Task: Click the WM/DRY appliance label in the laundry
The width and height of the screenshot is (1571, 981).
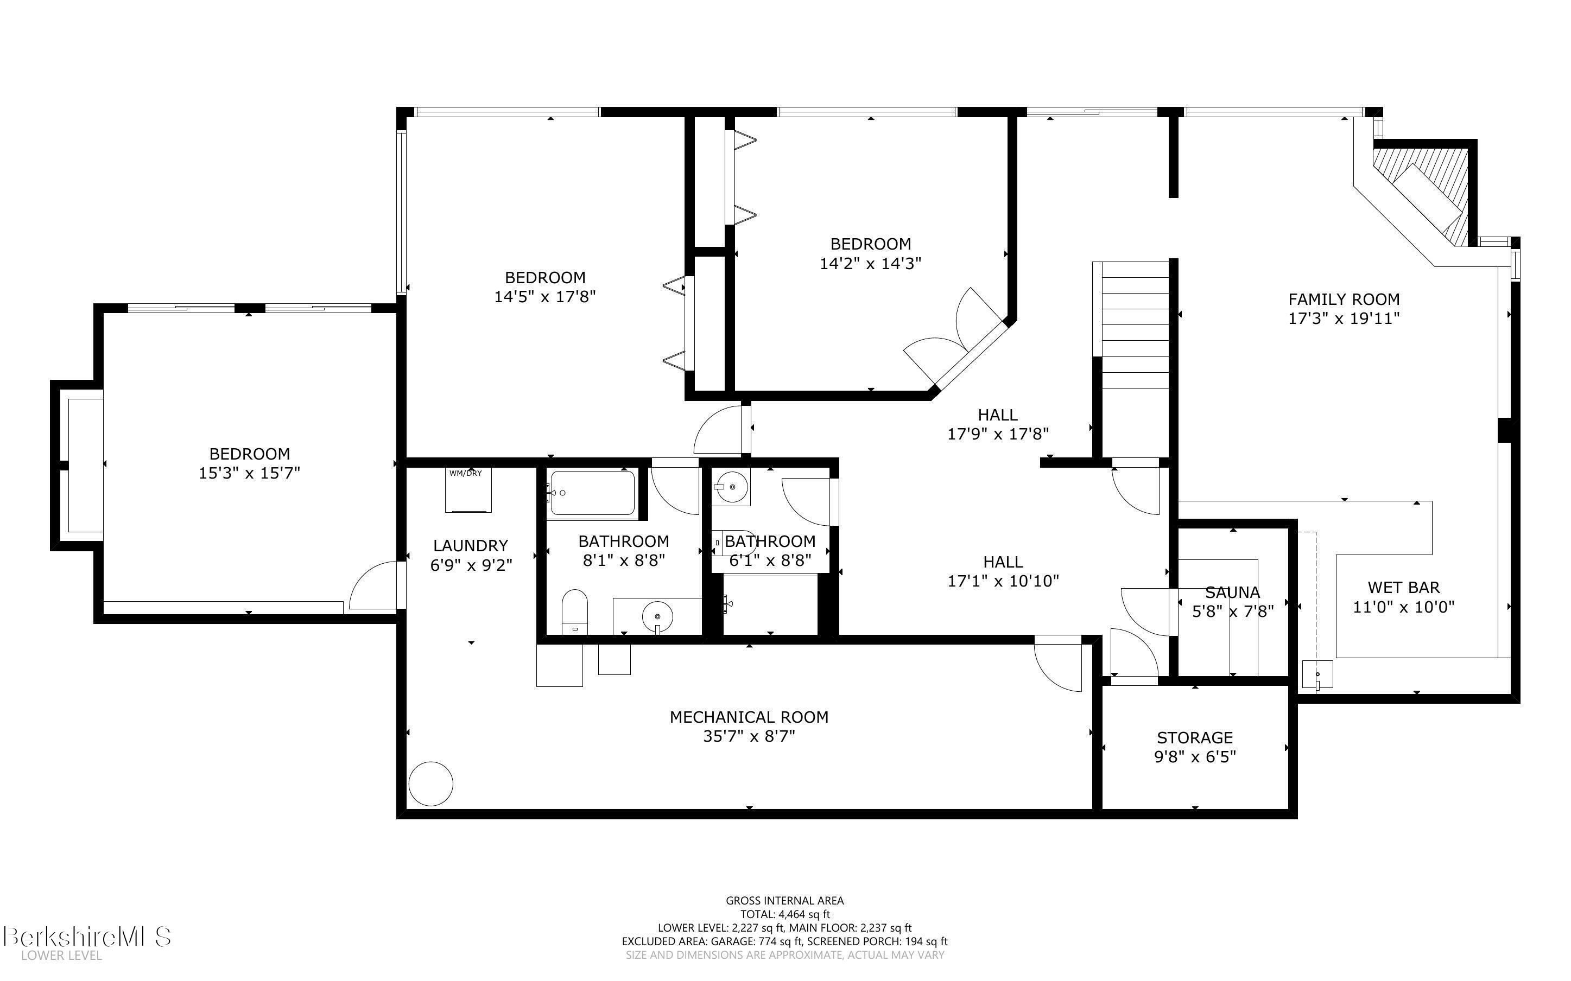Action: tap(465, 473)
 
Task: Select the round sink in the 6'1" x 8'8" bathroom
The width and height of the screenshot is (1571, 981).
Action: tap(730, 486)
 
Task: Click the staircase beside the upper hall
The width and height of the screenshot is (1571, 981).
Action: tap(1135, 324)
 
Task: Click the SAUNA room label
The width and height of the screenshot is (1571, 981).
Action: tap(1232, 593)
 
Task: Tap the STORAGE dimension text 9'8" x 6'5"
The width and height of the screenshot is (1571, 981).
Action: tap(1195, 756)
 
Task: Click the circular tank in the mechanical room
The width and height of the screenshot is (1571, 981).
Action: tap(431, 783)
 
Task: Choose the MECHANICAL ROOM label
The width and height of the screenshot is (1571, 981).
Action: tap(749, 717)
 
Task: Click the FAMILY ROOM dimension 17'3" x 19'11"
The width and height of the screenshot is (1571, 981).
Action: tap(1343, 318)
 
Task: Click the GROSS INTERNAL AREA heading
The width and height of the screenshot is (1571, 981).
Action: tap(784, 901)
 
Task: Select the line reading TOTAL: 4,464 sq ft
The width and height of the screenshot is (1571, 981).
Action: tap(784, 915)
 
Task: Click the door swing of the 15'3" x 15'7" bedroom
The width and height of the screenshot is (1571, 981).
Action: tap(375, 587)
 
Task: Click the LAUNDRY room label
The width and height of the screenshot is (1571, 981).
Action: tap(471, 546)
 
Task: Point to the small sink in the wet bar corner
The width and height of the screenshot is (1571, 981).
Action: tap(1318, 674)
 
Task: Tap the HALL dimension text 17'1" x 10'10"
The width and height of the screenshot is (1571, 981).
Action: tap(1003, 581)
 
